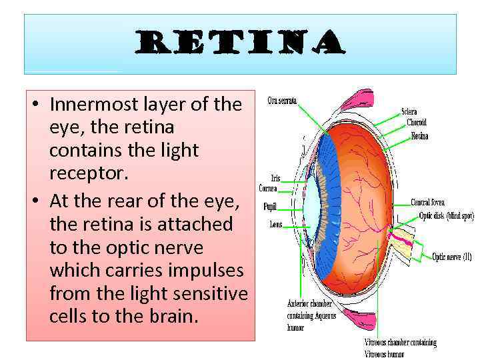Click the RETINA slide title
(239, 45)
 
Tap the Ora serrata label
(282, 101)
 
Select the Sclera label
(409, 112)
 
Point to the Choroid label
(417, 123)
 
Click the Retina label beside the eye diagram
(419, 136)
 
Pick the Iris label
(275, 178)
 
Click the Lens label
(276, 225)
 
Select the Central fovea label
(427, 203)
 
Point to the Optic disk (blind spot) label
(446, 216)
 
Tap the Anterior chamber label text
(309, 304)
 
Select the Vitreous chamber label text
(400, 343)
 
